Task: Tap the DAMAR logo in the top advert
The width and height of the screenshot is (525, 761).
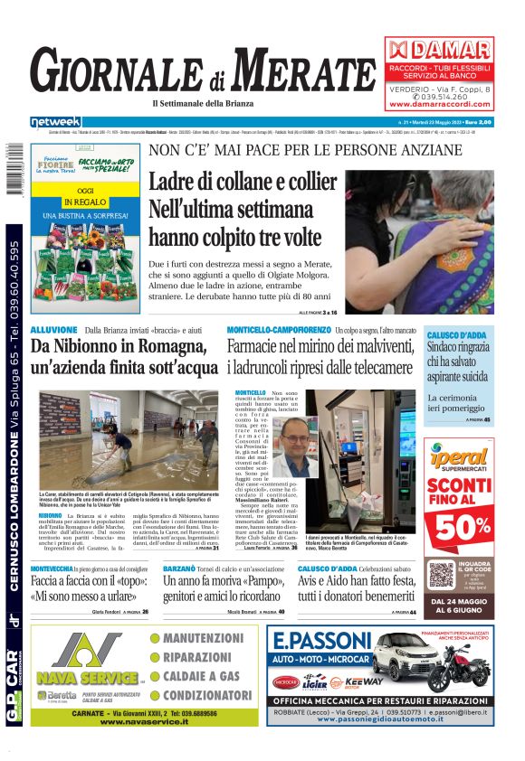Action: point(439,51)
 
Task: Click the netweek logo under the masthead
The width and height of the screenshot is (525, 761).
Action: point(55,122)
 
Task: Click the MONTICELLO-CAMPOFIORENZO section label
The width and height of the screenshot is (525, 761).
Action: point(278,331)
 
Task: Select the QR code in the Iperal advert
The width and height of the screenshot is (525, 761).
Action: point(441,575)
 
